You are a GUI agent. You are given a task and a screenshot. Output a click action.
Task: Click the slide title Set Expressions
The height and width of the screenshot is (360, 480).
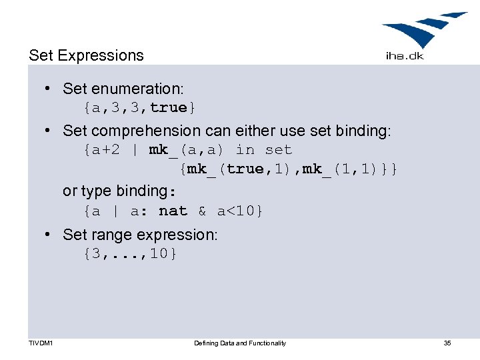pyautogui.click(x=86, y=55)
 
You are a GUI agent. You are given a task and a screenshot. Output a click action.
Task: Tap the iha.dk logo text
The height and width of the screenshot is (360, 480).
pyautogui.click(x=404, y=56)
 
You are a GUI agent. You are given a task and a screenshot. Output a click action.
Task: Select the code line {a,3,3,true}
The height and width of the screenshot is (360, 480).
pyautogui.click(x=140, y=107)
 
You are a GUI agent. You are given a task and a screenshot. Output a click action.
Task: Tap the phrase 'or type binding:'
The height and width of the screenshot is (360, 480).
pyautogui.click(x=119, y=191)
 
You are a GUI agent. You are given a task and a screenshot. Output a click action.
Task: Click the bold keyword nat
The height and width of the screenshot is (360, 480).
pyautogui.click(x=173, y=211)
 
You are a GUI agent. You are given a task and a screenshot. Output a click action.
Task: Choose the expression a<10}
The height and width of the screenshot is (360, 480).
pyautogui.click(x=240, y=211)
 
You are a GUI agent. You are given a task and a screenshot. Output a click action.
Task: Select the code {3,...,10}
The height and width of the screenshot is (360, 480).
pyautogui.click(x=131, y=253)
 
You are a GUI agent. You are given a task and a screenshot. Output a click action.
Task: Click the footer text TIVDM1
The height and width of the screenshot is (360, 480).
pyautogui.click(x=41, y=343)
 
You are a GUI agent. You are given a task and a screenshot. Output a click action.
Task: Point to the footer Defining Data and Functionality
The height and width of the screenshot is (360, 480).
pyautogui.click(x=240, y=343)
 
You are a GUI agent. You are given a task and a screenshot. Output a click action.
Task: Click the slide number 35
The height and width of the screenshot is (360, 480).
pyautogui.click(x=447, y=343)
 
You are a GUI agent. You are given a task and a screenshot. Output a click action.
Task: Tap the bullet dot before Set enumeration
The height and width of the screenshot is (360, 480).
pyautogui.click(x=49, y=89)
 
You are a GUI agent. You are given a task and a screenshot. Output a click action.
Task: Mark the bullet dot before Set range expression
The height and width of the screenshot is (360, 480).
pyautogui.click(x=49, y=235)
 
